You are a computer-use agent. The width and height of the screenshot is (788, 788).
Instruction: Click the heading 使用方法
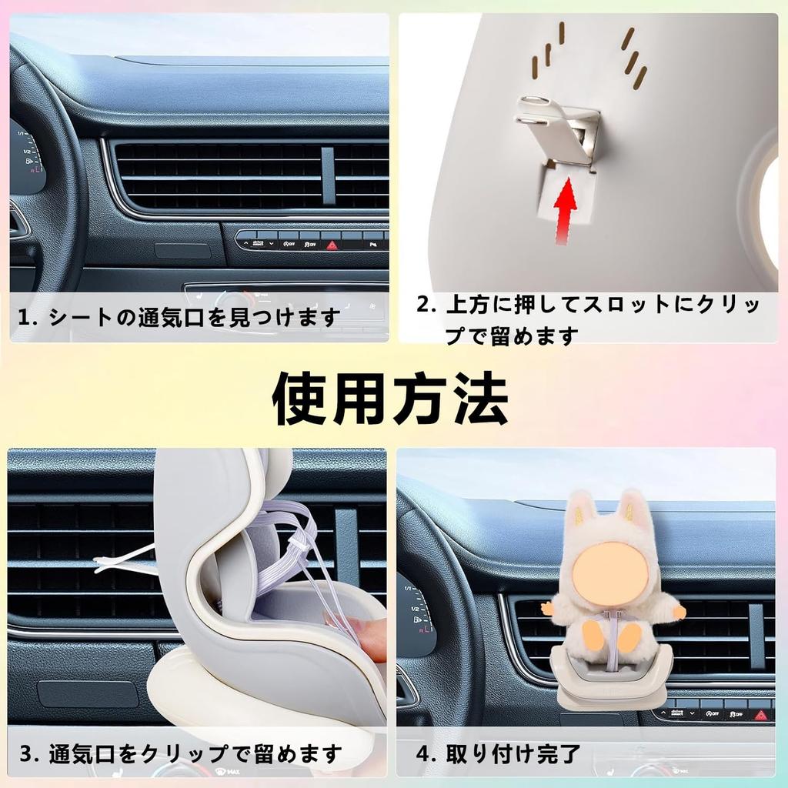pos(390,398)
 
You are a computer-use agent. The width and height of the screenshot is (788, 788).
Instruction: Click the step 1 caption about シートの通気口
pos(179,317)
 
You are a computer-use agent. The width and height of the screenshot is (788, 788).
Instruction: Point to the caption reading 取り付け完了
pos(499,753)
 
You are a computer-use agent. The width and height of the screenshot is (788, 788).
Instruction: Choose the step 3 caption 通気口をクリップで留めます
pos(181,753)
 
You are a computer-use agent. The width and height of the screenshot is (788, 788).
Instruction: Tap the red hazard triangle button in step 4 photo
pos(761,714)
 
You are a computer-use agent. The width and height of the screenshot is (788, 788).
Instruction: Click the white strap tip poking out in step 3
pos(104,566)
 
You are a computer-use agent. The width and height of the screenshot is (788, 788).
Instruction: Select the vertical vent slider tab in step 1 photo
pos(328,175)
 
